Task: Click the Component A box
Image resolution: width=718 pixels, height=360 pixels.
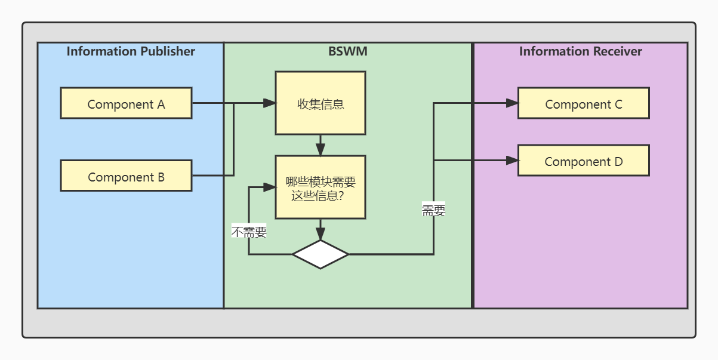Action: coord(126,103)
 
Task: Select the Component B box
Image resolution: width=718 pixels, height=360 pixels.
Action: coord(126,176)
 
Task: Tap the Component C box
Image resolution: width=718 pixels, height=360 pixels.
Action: coord(583,103)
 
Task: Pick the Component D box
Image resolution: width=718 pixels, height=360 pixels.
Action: coord(583,161)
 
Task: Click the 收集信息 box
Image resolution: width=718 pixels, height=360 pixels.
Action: coord(320,103)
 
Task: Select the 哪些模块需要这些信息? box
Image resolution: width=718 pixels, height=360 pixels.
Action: coord(320,187)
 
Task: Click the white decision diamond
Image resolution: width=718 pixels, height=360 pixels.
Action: coord(321,254)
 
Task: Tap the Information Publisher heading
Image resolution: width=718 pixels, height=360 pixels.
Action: coord(131,51)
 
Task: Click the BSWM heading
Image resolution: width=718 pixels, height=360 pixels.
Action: coord(348,51)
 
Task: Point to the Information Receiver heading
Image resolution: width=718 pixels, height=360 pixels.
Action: coord(580,51)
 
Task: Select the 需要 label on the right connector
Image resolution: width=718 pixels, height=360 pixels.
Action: coord(433,210)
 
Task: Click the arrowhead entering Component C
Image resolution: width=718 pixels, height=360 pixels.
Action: coord(511,103)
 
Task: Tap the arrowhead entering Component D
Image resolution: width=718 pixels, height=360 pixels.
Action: coord(511,160)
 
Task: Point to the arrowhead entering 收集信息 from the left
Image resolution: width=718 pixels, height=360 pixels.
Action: coord(269,103)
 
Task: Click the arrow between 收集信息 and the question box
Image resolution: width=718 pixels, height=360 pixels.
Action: coord(321,146)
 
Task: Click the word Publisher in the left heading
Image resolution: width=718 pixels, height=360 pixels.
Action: coord(167,51)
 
